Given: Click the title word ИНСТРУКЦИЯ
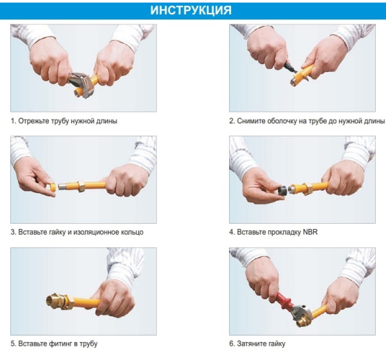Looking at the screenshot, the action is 191,10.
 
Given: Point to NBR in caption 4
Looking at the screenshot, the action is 310,232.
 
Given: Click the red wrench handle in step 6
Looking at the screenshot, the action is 284,301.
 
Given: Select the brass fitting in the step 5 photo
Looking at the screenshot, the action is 60,301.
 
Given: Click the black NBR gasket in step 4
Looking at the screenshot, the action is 282,190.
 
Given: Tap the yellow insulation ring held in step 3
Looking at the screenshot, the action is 53,187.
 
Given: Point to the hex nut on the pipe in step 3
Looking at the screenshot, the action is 81,186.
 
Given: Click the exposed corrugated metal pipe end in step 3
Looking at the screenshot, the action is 68,186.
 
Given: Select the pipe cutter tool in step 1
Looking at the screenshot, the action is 82,84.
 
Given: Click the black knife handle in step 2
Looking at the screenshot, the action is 289,67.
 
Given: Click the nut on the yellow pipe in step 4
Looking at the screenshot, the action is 308,189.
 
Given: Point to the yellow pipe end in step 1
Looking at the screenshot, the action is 78,92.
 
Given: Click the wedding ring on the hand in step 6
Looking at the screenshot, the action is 257,292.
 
